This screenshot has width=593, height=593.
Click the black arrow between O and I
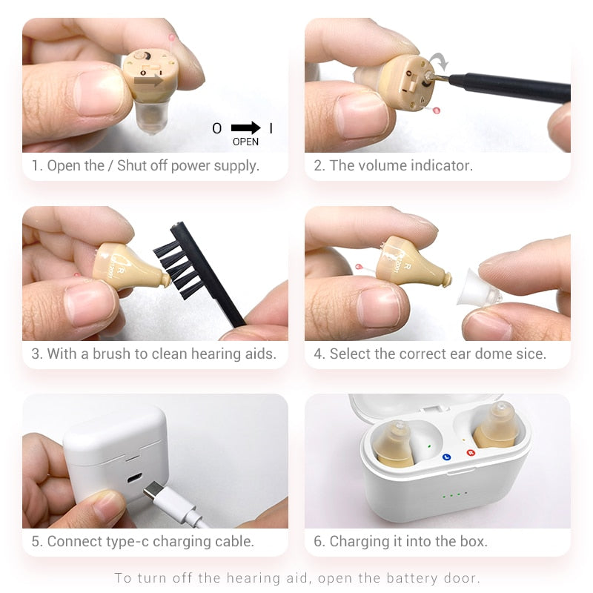coord(245,128)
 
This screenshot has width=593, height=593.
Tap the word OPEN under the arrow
coord(245,142)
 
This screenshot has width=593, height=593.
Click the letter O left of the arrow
coord(217,128)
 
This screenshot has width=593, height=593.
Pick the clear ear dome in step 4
coord(478,294)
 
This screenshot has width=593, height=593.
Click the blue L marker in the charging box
coord(446,457)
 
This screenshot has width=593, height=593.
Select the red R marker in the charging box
coord(469,452)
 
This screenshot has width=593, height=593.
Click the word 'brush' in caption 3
coord(111,354)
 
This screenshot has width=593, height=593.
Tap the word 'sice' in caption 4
coord(531,354)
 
